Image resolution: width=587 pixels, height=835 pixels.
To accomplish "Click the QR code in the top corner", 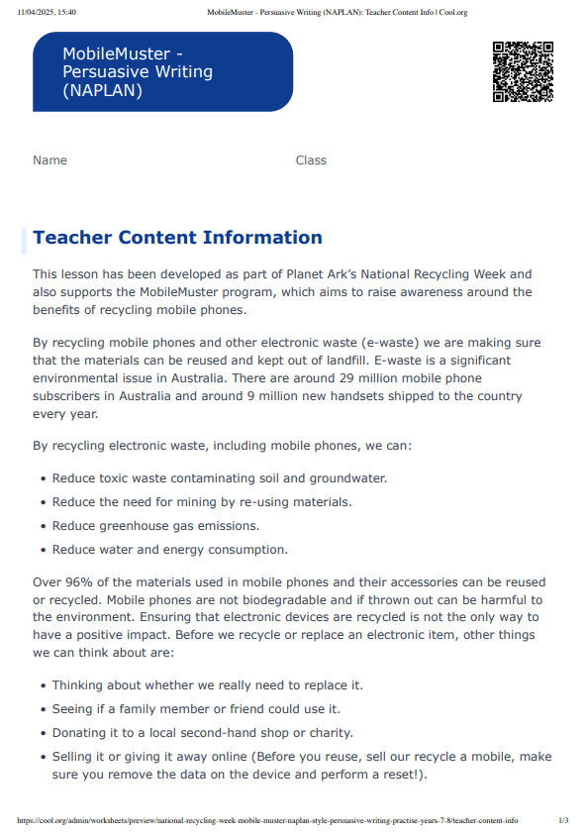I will pos(523,71).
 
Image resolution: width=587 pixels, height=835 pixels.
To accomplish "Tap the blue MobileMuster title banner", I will pos(162,71).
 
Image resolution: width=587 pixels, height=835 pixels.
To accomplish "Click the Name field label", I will pos(49,160).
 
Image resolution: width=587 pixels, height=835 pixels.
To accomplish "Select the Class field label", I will pos(311,160).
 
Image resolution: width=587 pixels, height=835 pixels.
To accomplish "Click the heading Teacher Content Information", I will pos(177,238).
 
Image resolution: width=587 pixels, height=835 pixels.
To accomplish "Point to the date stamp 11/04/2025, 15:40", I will pos(47,12).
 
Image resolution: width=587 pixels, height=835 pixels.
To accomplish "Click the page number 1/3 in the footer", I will pos(563,820).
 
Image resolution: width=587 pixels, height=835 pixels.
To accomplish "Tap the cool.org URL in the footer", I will pos(267,820).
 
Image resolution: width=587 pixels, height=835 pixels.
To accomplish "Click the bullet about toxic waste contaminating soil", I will pos(219,478).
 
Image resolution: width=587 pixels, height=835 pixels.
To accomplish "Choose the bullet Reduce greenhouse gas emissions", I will pos(155,526).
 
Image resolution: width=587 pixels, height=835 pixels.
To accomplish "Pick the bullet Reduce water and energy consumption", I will pos(169,550).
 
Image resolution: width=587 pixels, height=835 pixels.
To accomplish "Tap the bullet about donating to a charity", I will pos(202,733).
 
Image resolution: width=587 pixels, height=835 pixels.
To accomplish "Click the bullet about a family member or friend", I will pos(196,709).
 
